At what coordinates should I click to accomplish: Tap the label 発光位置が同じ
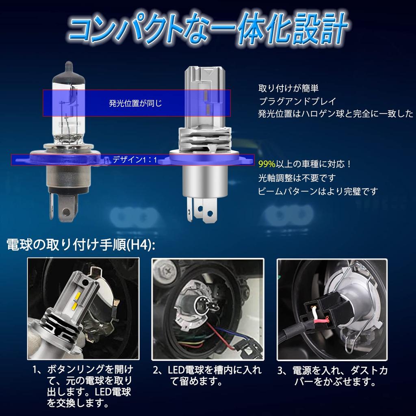135,103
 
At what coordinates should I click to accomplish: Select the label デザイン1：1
135,160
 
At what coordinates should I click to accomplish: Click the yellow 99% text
266,164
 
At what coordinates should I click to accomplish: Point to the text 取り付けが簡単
288,88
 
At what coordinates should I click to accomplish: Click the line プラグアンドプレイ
297,101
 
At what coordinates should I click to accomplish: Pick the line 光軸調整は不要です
297,178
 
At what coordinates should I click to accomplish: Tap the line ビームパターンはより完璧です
318,191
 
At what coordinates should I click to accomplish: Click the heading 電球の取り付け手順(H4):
81,245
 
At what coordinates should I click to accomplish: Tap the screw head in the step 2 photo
166,271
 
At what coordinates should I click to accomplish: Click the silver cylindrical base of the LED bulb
205,180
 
